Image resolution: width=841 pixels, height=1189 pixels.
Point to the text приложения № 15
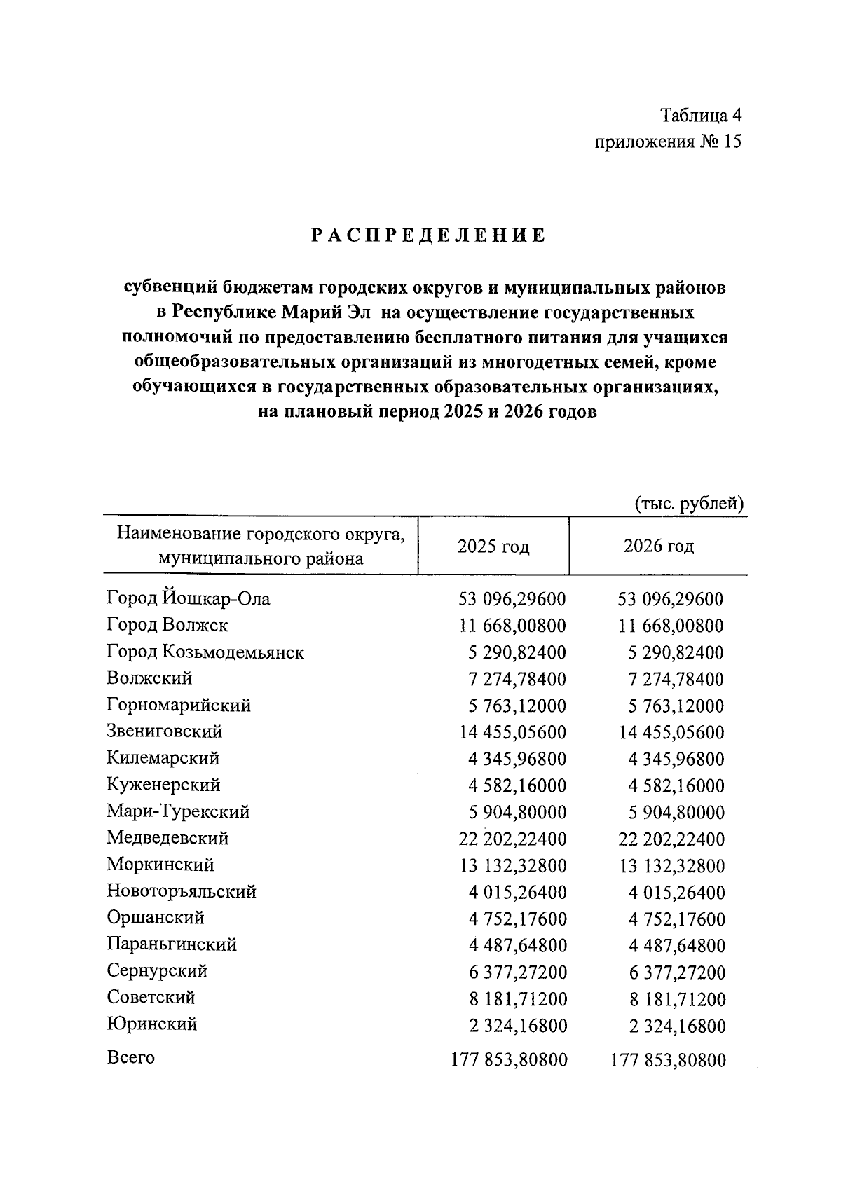tap(667, 142)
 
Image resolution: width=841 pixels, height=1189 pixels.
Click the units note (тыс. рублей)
tap(688, 504)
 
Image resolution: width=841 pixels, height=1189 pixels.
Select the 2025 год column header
tap(493, 547)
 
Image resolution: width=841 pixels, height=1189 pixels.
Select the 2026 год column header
tap(658, 547)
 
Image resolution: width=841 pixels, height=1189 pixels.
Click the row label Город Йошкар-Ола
tap(188, 599)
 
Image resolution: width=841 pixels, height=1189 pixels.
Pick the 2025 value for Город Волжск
tap(512, 626)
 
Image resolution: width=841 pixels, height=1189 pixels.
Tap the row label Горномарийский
tap(179, 706)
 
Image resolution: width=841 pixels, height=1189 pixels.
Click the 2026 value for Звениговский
tap(671, 733)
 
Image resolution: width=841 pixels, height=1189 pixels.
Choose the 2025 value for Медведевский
tap(512, 839)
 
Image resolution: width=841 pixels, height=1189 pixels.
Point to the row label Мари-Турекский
tap(178, 812)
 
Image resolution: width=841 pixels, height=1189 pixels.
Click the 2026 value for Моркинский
tap(671, 866)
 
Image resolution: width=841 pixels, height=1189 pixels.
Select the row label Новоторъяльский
tap(182, 892)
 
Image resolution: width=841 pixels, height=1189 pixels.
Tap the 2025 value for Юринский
tap(518, 1026)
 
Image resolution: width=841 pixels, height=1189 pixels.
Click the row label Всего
tap(130, 1057)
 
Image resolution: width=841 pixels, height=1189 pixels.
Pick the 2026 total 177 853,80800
tap(668, 1060)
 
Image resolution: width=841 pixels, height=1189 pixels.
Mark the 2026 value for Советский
tap(676, 999)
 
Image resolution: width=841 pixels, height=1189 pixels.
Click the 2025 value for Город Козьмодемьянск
tap(517, 652)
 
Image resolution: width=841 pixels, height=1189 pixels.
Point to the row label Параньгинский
tap(172, 945)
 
